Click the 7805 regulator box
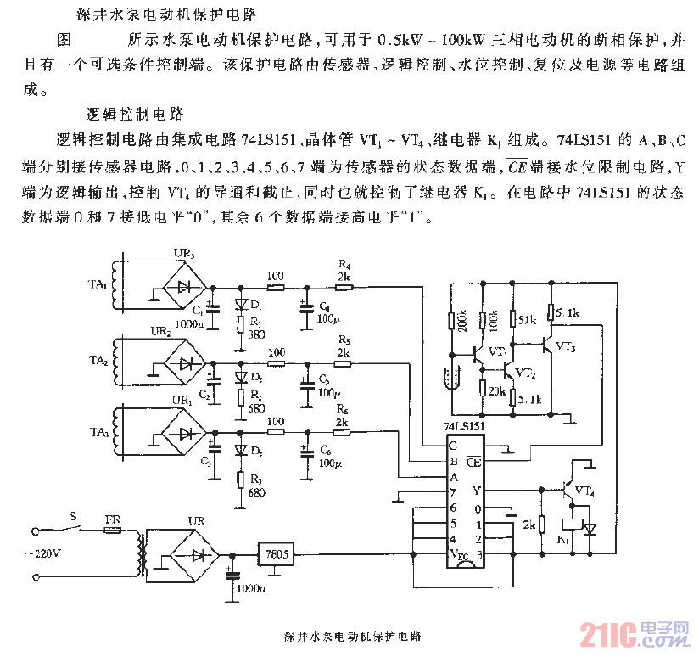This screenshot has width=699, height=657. click(277, 554)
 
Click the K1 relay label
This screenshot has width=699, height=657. click(562, 540)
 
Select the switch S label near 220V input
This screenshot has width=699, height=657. click(73, 514)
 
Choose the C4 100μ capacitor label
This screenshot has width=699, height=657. click(327, 312)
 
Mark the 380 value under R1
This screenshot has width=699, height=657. click(257, 334)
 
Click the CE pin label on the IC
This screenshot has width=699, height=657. click(473, 463)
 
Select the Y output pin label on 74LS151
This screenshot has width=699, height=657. click(476, 491)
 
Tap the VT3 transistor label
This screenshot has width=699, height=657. click(567, 348)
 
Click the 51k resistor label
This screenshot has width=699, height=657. click(528, 319)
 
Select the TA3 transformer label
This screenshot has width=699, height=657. click(100, 433)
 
